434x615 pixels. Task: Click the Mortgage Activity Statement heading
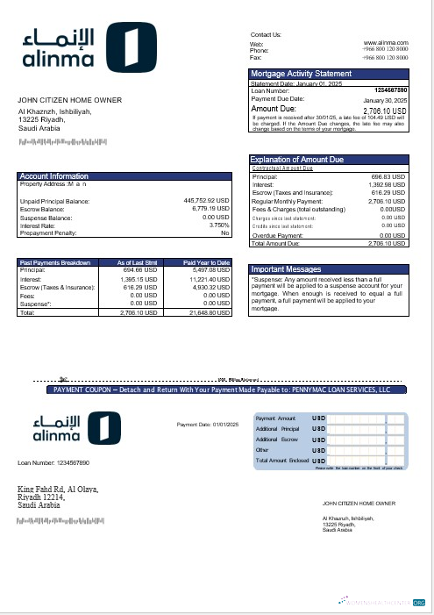click(x=302, y=74)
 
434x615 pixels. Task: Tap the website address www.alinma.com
click(x=386, y=42)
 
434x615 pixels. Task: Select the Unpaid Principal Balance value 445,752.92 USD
click(x=206, y=201)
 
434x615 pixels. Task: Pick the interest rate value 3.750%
click(x=217, y=225)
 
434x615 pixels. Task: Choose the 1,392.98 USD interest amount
click(x=387, y=185)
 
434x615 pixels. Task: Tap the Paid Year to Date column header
click(x=207, y=262)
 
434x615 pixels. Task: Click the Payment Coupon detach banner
click(x=222, y=389)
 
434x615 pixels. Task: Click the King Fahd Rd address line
click(x=58, y=490)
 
